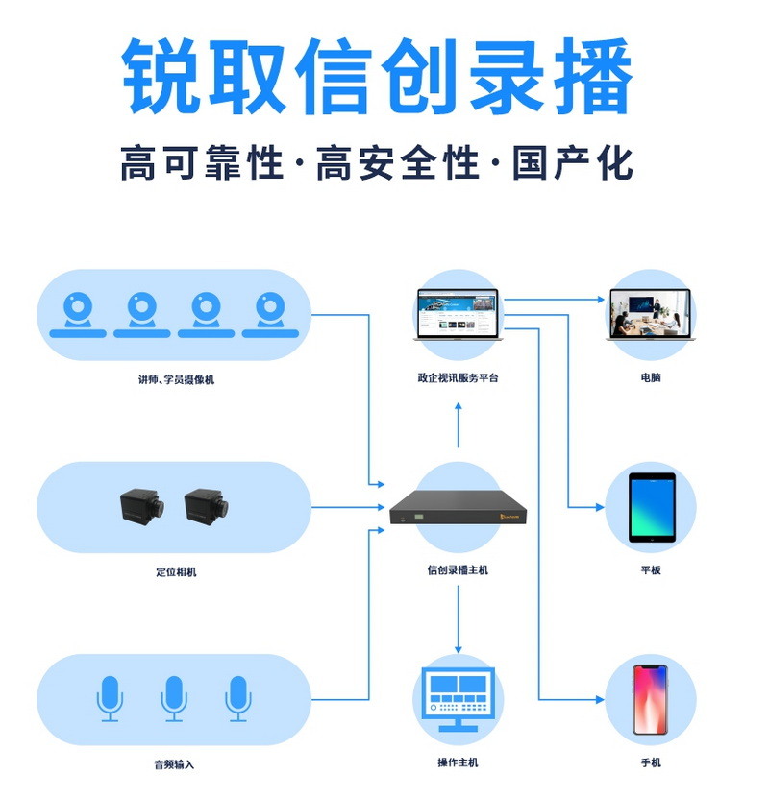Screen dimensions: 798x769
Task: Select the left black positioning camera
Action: (x=141, y=507)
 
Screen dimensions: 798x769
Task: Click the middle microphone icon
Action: (x=173, y=698)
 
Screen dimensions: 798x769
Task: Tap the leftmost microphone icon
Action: (x=110, y=698)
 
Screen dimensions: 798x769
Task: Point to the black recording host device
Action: (x=458, y=511)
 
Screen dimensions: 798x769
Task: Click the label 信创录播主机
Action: (x=458, y=569)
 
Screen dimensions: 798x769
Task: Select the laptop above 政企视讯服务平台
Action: (x=458, y=314)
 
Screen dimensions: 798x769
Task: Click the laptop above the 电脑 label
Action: (x=651, y=314)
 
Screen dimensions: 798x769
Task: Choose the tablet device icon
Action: (x=652, y=506)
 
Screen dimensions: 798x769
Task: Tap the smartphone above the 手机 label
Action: (x=651, y=699)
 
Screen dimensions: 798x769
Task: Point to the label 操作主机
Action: (x=458, y=762)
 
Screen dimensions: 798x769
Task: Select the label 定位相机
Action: (x=176, y=571)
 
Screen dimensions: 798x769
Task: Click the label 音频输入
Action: (x=174, y=764)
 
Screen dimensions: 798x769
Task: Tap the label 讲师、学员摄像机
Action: (x=176, y=379)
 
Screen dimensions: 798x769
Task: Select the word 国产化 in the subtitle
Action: (x=573, y=162)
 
